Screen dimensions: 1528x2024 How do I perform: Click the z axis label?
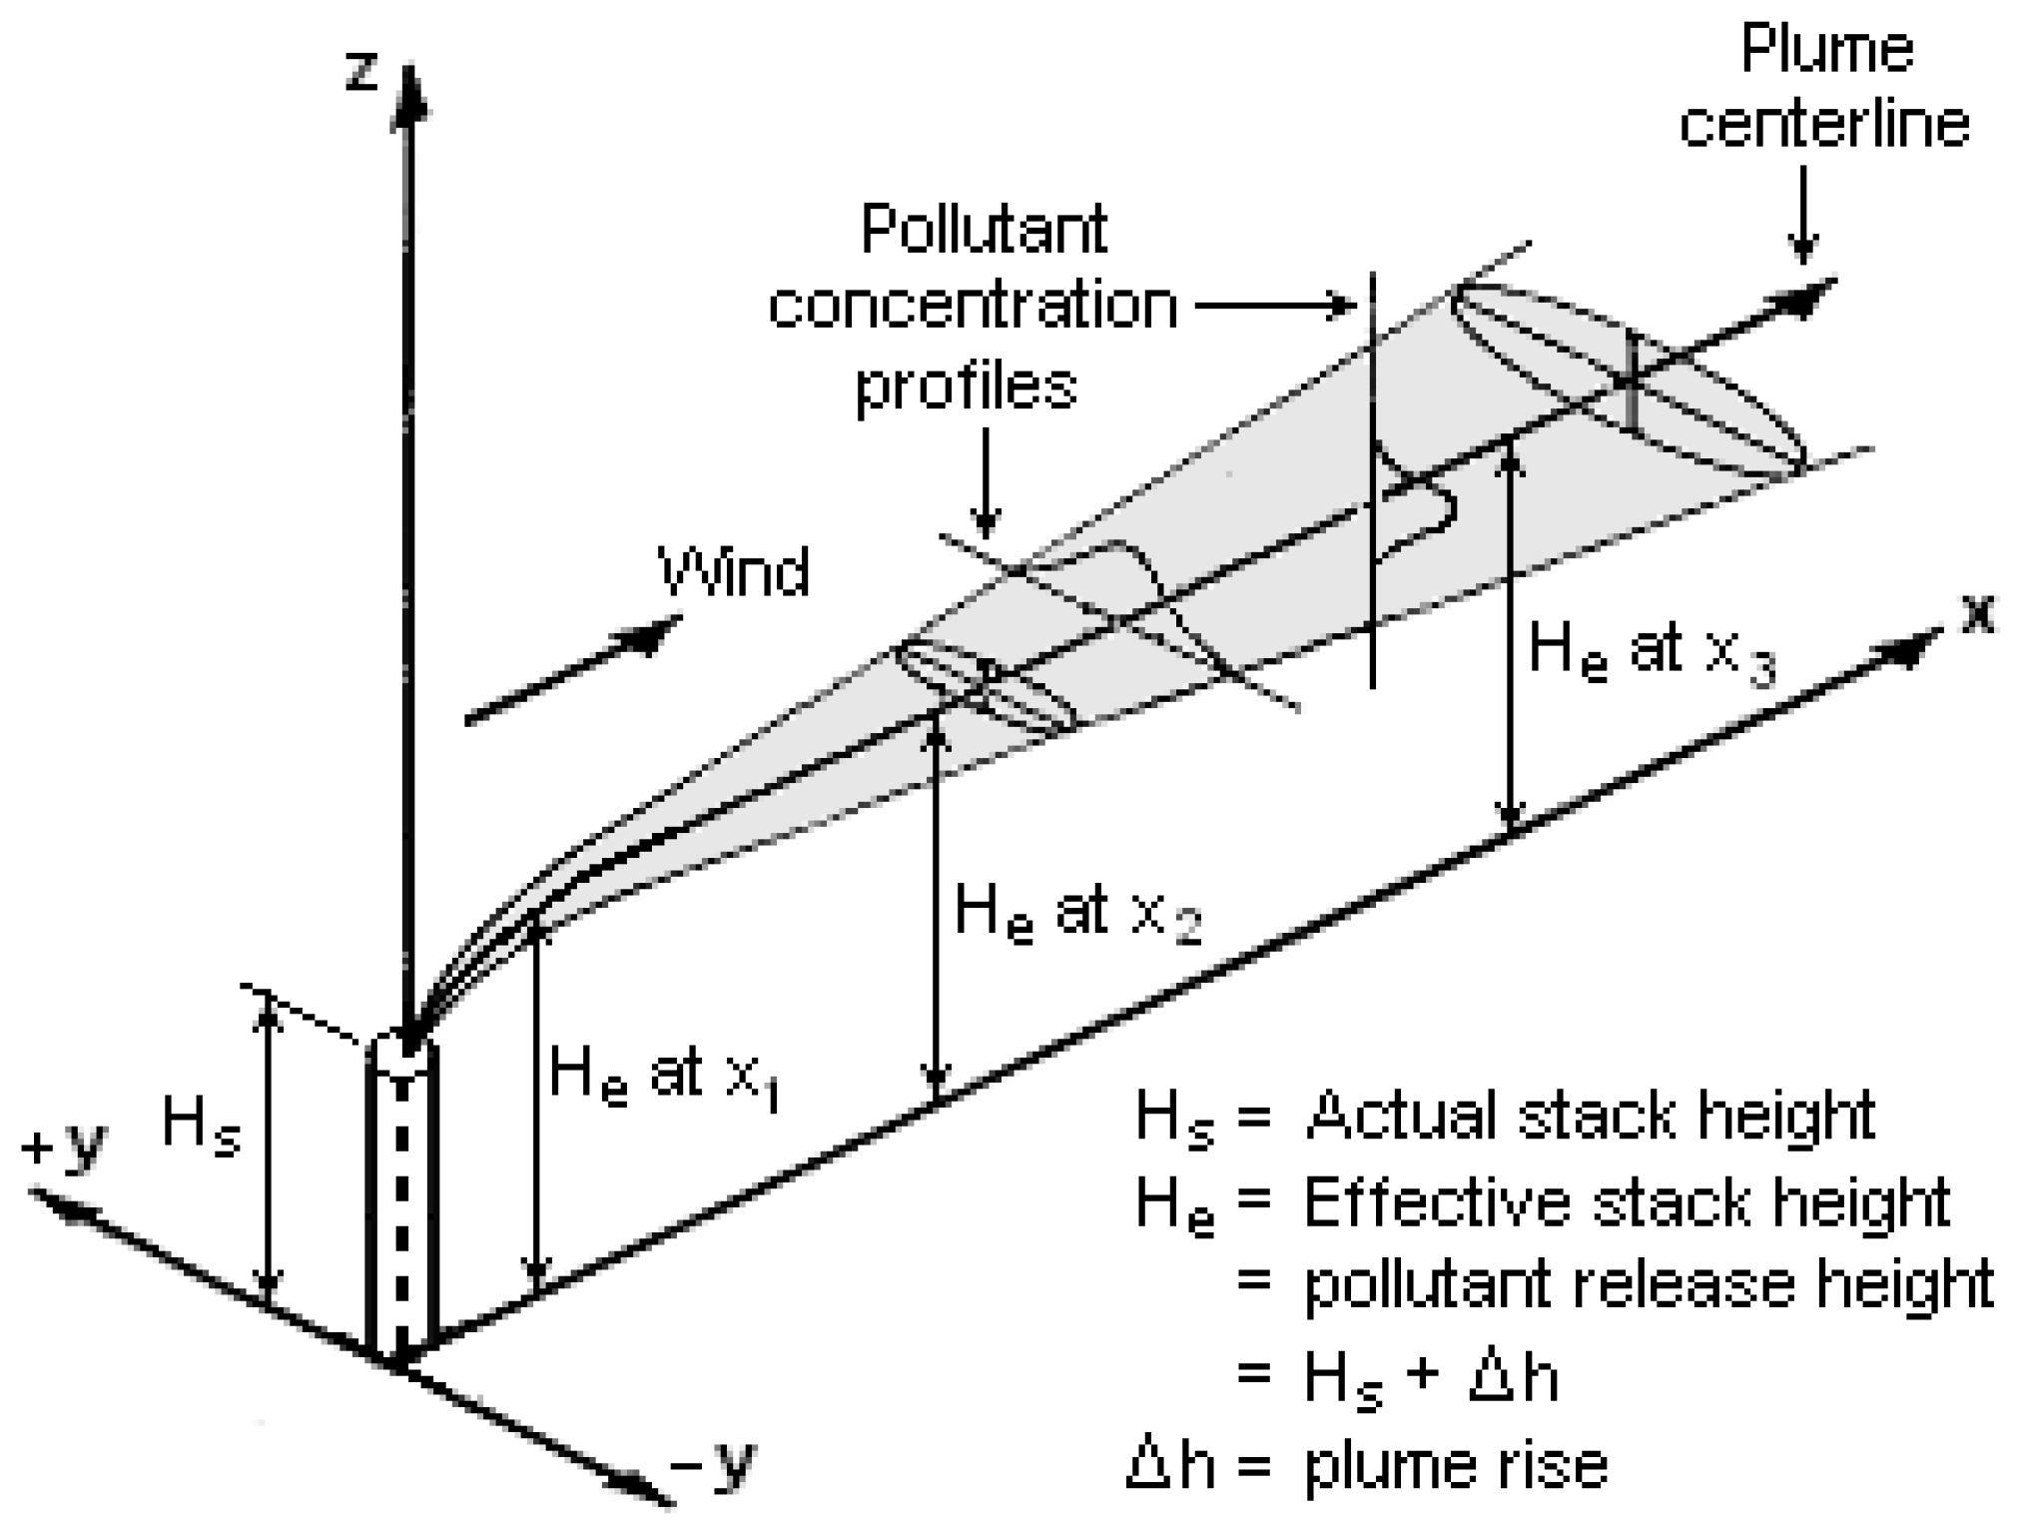point(361,72)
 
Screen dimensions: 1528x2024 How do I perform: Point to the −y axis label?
point(713,1465)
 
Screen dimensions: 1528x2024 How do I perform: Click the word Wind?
point(734,572)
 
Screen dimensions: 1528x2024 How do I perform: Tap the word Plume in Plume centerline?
point(1826,50)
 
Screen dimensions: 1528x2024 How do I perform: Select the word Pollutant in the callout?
point(984,230)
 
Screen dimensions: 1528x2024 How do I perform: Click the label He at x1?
point(664,1077)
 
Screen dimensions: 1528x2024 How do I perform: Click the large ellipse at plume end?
point(1628,380)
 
